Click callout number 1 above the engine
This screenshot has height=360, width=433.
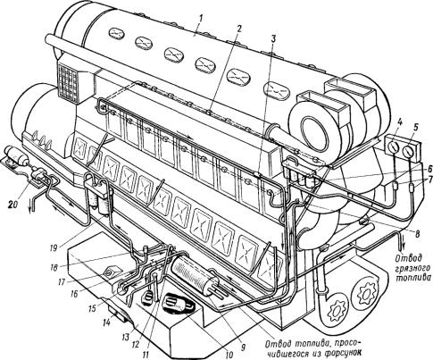pos(202,20)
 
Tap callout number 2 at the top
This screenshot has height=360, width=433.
pos(239,29)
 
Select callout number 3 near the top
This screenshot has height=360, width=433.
pos(273,39)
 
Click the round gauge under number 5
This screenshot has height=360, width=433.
pos(410,151)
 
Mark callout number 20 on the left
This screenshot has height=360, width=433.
pos(14,205)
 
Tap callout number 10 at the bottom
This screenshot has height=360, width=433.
pos(229,355)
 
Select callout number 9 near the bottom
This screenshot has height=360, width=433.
pos(243,347)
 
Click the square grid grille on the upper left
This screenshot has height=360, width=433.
pos(68,81)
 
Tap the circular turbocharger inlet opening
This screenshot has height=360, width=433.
pos(312,131)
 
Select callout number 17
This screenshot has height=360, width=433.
pos(62,281)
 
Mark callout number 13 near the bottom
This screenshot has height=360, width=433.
pos(126,337)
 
